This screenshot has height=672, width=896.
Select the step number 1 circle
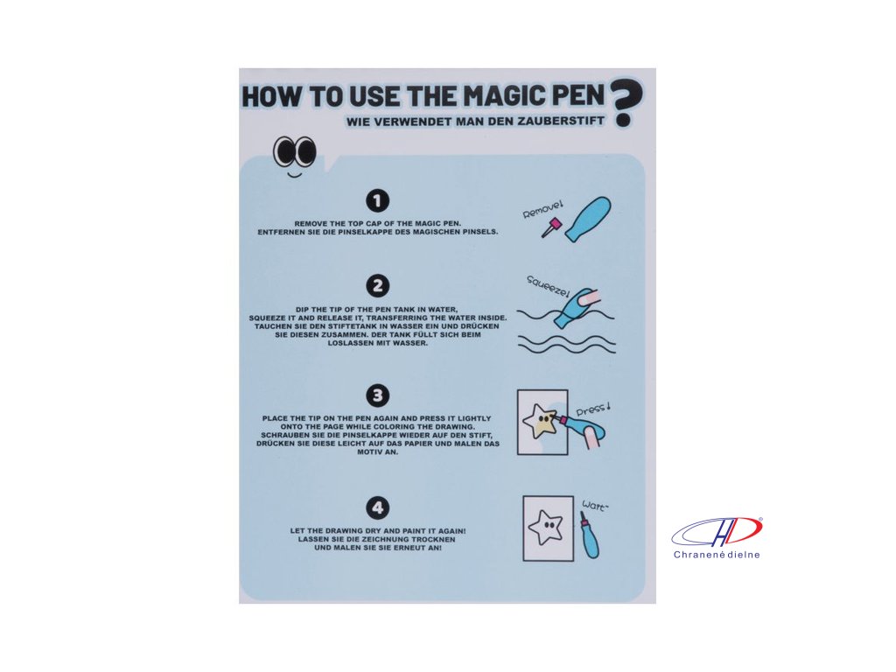pyautogui.click(x=377, y=200)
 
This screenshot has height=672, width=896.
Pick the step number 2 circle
pyautogui.click(x=377, y=286)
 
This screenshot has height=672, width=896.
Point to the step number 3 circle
pyautogui.click(x=377, y=395)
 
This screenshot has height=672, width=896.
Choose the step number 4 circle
pyautogui.click(x=377, y=507)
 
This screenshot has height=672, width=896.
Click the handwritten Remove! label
pyautogui.click(x=542, y=208)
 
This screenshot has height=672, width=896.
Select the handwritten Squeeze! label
pyautogui.click(x=549, y=286)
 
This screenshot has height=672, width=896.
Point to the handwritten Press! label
pyautogui.click(x=593, y=409)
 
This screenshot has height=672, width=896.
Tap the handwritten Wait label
pyautogui.click(x=595, y=505)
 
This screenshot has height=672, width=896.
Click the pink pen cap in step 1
pyautogui.click(x=550, y=227)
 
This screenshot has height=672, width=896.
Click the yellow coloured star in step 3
pyautogui.click(x=540, y=422)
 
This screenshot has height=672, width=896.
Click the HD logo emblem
pyautogui.click(x=717, y=531)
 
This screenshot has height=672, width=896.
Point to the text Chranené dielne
pyautogui.click(x=717, y=554)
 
